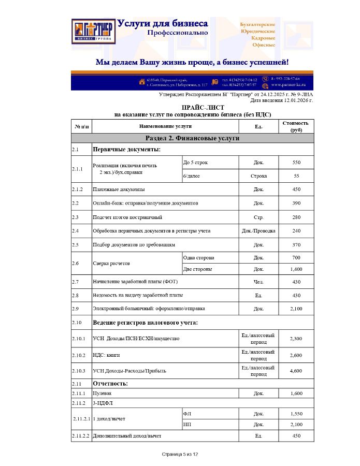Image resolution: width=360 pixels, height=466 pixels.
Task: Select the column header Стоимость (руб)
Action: (x=296, y=126)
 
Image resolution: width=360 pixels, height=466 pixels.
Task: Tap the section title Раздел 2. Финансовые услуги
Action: (x=192, y=138)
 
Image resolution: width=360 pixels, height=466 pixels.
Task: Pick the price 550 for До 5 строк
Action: (x=296, y=163)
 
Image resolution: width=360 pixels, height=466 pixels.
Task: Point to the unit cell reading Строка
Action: (x=258, y=176)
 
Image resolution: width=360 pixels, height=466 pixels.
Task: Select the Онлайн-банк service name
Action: (x=145, y=203)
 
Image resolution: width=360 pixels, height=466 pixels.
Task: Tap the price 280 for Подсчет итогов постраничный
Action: (x=296, y=217)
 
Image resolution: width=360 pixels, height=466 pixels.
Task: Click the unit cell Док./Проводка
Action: (x=258, y=230)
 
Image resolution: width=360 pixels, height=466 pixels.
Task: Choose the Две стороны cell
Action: (x=199, y=269)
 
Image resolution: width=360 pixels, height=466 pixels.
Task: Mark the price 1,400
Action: (x=296, y=269)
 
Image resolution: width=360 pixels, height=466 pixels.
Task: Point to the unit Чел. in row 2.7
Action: (x=258, y=282)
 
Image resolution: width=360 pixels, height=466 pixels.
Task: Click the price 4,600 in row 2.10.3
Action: (x=296, y=371)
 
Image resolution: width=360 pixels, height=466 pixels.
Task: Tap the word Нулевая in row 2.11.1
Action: (x=102, y=394)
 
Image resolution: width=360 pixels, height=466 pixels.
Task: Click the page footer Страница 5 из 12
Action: (x=180, y=454)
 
